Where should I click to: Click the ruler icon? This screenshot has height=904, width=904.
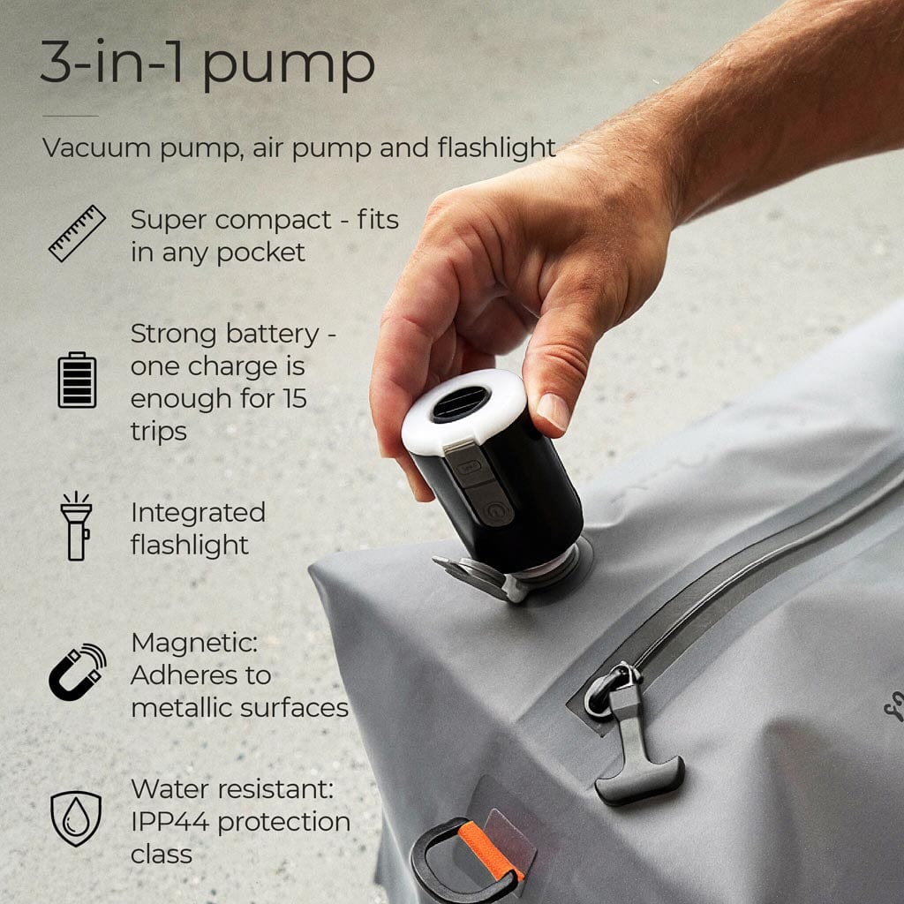click(78, 233)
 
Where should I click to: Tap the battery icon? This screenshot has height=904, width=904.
click(78, 380)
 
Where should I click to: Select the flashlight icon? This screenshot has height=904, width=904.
click(77, 526)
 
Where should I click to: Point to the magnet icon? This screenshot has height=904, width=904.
click(78, 672)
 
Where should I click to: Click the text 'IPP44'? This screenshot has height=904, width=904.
click(170, 822)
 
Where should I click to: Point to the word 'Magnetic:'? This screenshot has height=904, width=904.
click(194, 643)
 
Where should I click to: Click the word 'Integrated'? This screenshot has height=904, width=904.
click(198, 514)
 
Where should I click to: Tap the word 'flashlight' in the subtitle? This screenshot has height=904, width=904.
click(496, 147)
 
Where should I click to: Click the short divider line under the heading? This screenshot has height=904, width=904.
click(71, 116)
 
